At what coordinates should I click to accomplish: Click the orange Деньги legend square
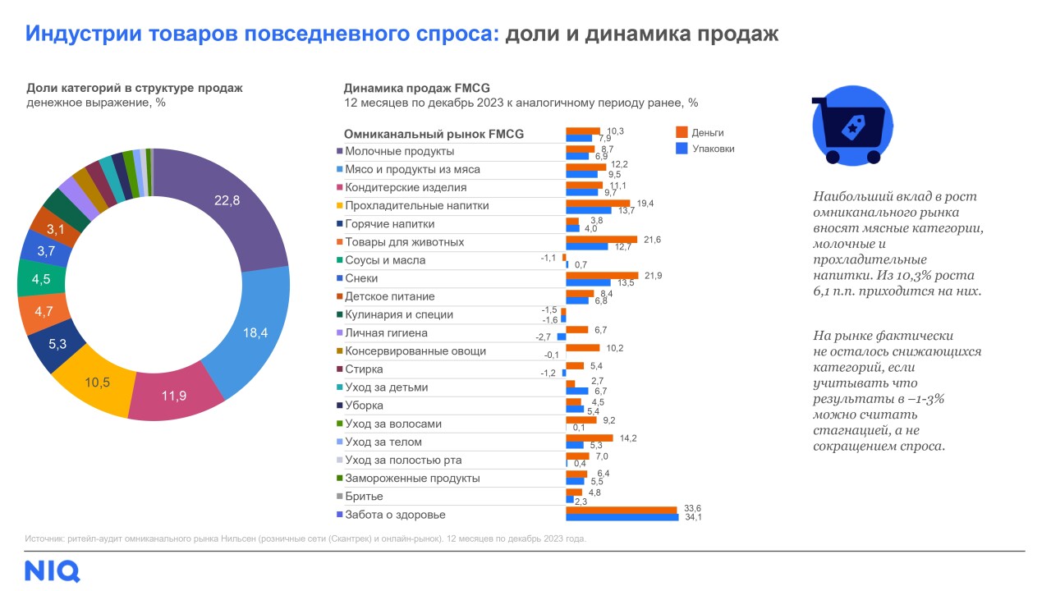(680, 132)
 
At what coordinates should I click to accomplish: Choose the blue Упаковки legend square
(680, 149)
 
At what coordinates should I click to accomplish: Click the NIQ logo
(53, 570)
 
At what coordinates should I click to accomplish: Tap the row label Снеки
(361, 278)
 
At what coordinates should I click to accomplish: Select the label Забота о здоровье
(395, 515)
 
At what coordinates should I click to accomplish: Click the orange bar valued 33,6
(622, 510)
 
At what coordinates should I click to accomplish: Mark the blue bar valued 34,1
(622, 518)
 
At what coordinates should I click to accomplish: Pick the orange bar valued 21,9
(602, 275)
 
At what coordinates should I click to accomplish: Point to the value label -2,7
(544, 337)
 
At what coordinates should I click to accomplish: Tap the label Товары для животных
(404, 242)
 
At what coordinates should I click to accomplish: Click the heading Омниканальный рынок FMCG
(434, 134)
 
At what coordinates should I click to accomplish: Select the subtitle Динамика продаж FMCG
(416, 88)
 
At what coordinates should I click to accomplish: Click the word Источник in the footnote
(45, 539)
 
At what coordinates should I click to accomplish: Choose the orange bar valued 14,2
(590, 438)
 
